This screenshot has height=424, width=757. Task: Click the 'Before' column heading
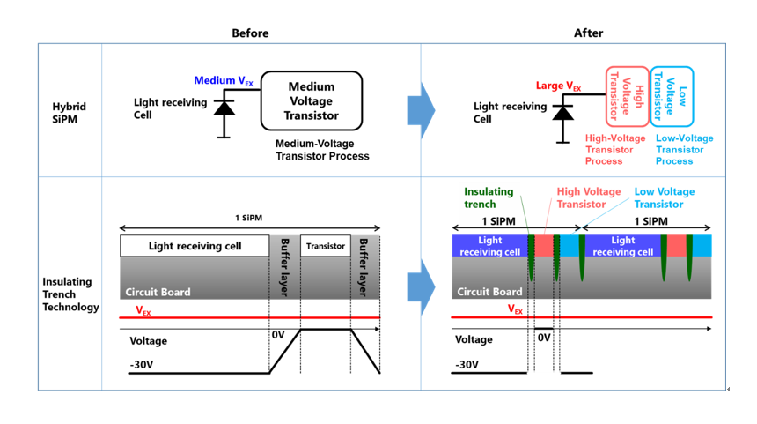pos(250,33)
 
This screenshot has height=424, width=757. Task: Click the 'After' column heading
pos(588,33)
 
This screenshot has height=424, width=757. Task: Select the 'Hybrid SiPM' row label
pos(70,114)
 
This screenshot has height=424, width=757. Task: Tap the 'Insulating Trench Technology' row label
pos(70,294)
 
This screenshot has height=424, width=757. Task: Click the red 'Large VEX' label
pos(558,86)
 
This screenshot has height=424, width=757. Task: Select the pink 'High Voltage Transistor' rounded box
pos(627,96)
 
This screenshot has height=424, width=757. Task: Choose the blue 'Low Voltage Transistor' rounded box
pos(672,96)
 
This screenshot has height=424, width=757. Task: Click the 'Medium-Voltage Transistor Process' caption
pos(322,150)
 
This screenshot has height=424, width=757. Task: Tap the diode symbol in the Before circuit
pos(224,108)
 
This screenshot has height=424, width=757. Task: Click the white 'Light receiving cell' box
pos(195,246)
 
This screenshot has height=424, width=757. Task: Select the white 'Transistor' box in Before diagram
pos(326,246)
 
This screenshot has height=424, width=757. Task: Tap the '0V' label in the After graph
pos(543,338)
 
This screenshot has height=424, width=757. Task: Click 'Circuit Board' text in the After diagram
pos(490,292)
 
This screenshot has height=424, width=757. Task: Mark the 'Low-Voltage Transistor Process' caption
pos(684,150)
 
